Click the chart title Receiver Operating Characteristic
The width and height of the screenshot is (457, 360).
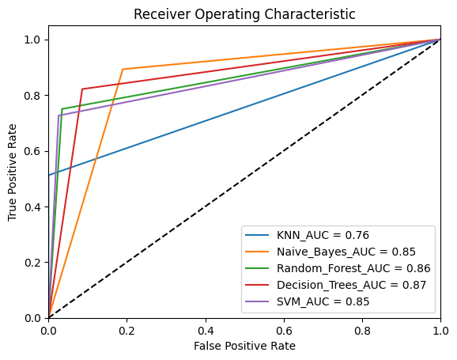pyautogui.click(x=244, y=14)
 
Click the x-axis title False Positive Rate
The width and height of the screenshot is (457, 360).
pyautogui.click(x=244, y=346)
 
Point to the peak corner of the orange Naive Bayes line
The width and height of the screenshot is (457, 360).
pyautogui.click(x=123, y=69)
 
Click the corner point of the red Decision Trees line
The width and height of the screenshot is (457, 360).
pyautogui.click(x=82, y=89)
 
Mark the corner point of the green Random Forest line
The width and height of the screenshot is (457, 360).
pyautogui.click(x=62, y=108)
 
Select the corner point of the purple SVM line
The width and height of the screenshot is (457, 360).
pyautogui.click(x=59, y=116)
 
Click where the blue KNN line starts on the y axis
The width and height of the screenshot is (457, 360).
pyautogui.click(x=49, y=175)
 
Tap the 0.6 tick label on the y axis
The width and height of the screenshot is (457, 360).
pyautogui.click(x=33, y=151)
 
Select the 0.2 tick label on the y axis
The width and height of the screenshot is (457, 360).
pyautogui.click(x=33, y=263)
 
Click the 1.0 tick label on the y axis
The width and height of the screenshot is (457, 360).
pyautogui.click(x=33, y=40)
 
